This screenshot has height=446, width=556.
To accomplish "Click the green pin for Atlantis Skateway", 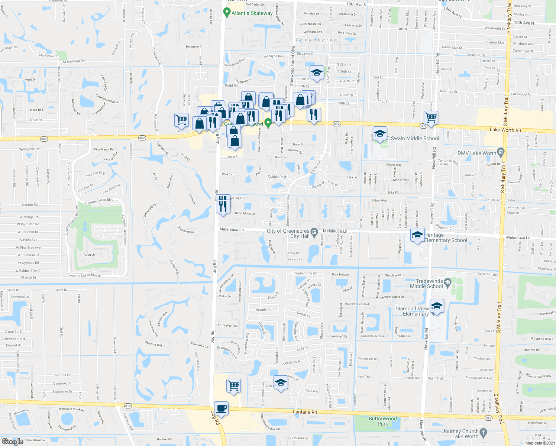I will point(226,13).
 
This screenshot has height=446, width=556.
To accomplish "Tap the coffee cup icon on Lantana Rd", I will point(222,408).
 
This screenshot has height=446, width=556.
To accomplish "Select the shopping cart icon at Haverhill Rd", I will point(431,118).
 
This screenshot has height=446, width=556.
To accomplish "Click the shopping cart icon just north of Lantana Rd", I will point(233,386).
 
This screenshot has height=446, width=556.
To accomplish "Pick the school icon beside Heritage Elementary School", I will point(417,235).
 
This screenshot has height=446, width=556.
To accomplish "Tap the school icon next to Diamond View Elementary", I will point(437,306).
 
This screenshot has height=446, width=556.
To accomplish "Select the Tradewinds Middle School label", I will point(426,284).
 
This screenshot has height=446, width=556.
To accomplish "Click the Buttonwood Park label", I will point(382,421).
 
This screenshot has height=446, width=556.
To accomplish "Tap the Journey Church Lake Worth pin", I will point(483,432).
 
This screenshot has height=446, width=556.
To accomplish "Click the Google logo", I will point(13,441).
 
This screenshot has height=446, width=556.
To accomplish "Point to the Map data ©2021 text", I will point(540,443).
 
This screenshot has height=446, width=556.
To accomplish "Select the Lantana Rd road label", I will point(305,412).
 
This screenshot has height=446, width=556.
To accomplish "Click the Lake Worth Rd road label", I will point(505,130).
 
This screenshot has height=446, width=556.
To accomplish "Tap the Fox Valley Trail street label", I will point(228,326).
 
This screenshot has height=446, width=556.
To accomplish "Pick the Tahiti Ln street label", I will point(89,255).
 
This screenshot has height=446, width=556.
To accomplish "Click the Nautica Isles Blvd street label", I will point(357,304).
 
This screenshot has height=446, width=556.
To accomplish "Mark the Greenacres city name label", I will point(316,40).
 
